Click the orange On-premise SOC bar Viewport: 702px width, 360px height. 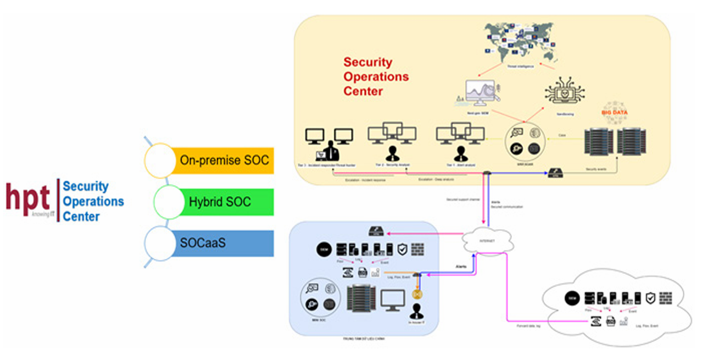pos(224,160)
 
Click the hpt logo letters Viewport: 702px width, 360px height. pos(29,196)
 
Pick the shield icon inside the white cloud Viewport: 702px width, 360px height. pos(651,297)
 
